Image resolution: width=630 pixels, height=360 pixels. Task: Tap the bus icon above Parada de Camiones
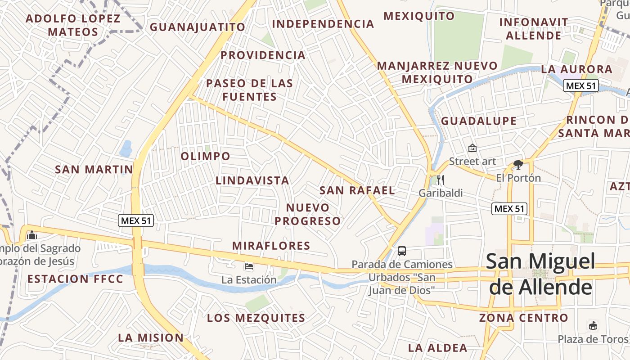click(402, 251)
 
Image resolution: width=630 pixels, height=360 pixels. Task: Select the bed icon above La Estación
click(248, 266)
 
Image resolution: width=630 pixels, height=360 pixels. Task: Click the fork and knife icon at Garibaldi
click(441, 180)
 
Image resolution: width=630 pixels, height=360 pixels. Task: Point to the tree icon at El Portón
click(518, 165)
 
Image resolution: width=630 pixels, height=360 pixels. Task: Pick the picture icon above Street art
click(472, 148)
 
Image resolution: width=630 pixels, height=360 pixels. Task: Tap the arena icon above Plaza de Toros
click(593, 325)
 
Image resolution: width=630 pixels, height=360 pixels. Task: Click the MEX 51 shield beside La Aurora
click(581, 85)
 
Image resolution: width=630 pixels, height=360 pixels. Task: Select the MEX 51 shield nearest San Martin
click(136, 220)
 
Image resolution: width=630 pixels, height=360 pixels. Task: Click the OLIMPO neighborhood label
click(206, 156)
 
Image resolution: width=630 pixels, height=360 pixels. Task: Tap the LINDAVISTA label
click(252, 180)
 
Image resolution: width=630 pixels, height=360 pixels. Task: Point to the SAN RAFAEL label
click(357, 190)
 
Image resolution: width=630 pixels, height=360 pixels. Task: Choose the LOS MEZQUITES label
click(256, 318)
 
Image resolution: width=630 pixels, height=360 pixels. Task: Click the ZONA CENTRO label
click(523, 318)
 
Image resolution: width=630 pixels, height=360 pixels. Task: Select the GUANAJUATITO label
click(198, 27)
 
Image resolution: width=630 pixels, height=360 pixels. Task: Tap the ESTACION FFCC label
click(75, 279)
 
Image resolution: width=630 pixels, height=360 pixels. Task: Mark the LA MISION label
click(151, 337)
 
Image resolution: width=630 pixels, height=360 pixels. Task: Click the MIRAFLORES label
click(271, 246)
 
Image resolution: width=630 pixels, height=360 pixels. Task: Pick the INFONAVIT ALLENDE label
click(534, 29)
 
